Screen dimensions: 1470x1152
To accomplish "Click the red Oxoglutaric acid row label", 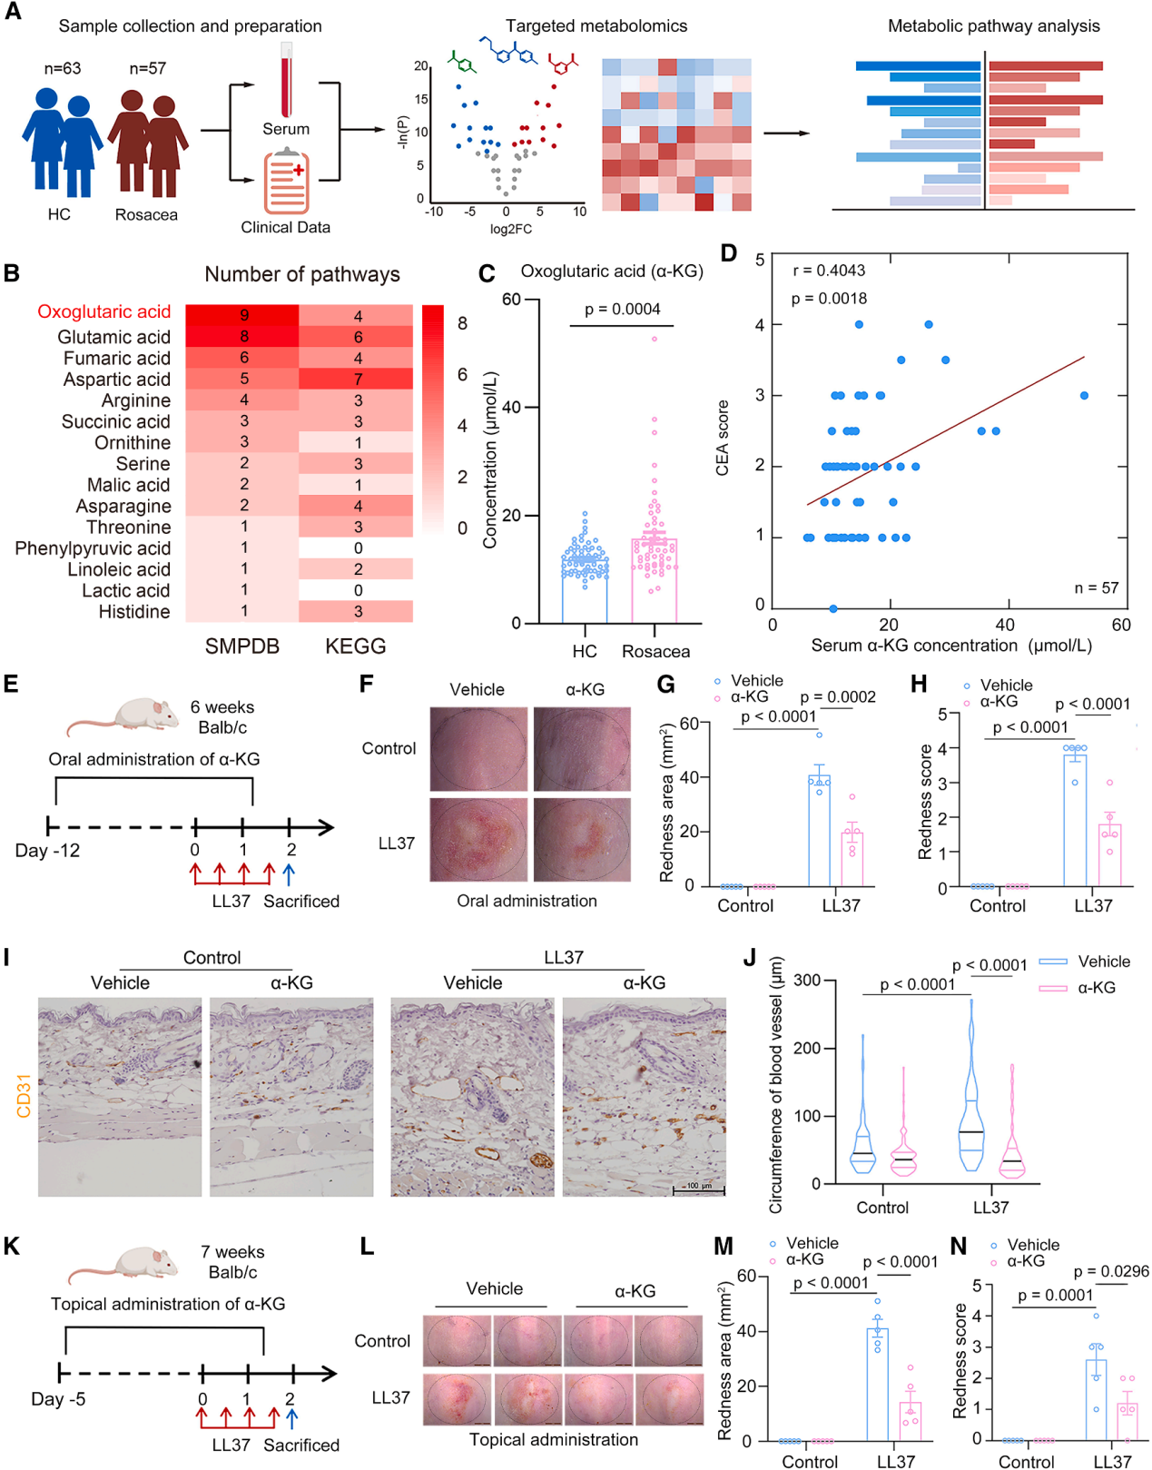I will pyautogui.click(x=103, y=311).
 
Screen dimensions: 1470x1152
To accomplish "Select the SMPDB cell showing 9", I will pyautogui.click(x=242, y=315).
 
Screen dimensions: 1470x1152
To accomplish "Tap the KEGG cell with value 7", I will pyautogui.click(x=358, y=379).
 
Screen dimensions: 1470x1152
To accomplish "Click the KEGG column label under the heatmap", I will pyautogui.click(x=356, y=646).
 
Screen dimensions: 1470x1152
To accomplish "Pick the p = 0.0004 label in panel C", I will pyautogui.click(x=622, y=309).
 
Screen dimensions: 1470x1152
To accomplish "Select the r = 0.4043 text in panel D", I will pyautogui.click(x=829, y=271).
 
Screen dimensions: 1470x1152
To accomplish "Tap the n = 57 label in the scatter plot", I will pyautogui.click(x=1097, y=587).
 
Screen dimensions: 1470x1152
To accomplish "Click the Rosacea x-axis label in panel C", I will pyautogui.click(x=655, y=651).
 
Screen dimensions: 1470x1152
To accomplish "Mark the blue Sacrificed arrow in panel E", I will pyautogui.click(x=290, y=874).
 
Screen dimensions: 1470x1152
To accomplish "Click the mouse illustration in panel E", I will pyautogui.click(x=123, y=715).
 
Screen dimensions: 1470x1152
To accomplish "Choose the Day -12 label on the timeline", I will pyautogui.click(x=47, y=851).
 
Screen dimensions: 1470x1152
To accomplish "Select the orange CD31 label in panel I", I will pyautogui.click(x=24, y=1095).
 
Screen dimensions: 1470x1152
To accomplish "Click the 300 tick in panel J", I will pyautogui.click(x=808, y=981).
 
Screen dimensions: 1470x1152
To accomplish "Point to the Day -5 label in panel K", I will pyautogui.click(x=58, y=1399).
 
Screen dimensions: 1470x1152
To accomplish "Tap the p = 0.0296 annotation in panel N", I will pyautogui.click(x=1111, y=1271).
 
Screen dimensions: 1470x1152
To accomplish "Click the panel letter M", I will pyautogui.click(x=723, y=1246).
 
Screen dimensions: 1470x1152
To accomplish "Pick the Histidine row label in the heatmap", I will pyautogui.click(x=134, y=612).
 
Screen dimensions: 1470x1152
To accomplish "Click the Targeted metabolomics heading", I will pyautogui.click(x=596, y=26).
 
